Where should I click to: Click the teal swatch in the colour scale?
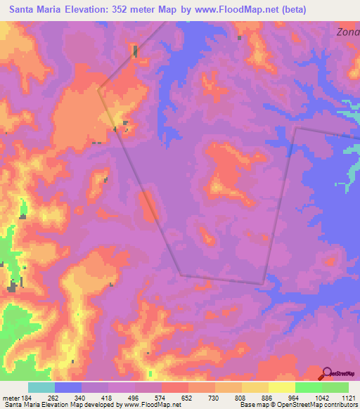[41, 387]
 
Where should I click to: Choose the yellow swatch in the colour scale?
[281, 387]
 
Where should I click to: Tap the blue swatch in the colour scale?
[68, 387]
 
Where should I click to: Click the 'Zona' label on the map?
[347, 32]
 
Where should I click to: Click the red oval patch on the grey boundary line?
[148, 207]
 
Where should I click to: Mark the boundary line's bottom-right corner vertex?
[263, 284]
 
